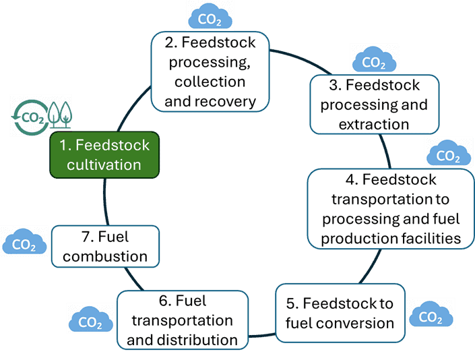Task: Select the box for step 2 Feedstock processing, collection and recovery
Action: (209, 72)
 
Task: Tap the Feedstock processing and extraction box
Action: (374, 104)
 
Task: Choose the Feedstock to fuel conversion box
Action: (340, 313)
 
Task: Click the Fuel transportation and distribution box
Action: (182, 320)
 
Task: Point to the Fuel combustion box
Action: (105, 247)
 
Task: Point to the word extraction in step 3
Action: (374, 124)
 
